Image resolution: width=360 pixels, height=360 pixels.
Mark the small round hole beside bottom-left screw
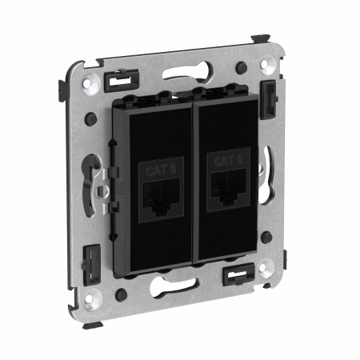pyautogui.click(x=119, y=294)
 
